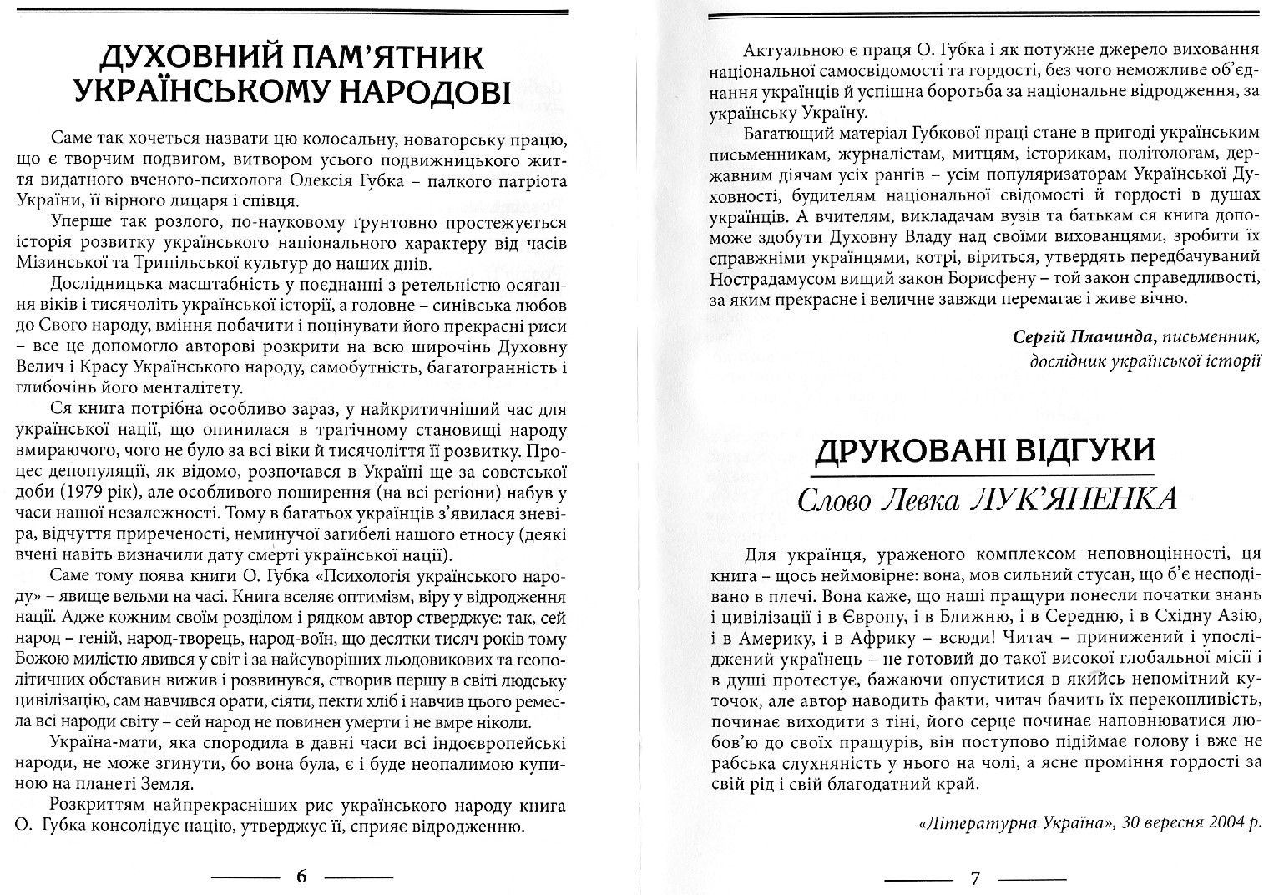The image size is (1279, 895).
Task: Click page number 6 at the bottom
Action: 301,877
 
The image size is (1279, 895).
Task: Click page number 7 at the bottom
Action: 974,877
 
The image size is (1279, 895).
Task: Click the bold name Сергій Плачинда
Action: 1072,336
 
